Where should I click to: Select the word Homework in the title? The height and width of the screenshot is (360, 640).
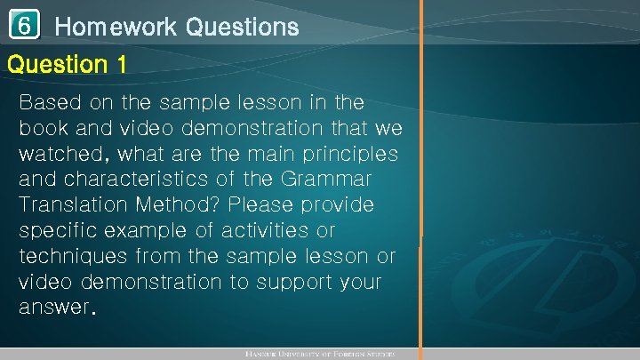click(x=116, y=28)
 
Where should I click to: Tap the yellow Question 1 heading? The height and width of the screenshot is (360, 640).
click(x=67, y=64)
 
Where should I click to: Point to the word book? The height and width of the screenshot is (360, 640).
click(x=44, y=127)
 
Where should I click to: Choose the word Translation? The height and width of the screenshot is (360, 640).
click(x=74, y=205)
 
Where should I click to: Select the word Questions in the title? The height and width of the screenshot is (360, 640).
click(x=242, y=28)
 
